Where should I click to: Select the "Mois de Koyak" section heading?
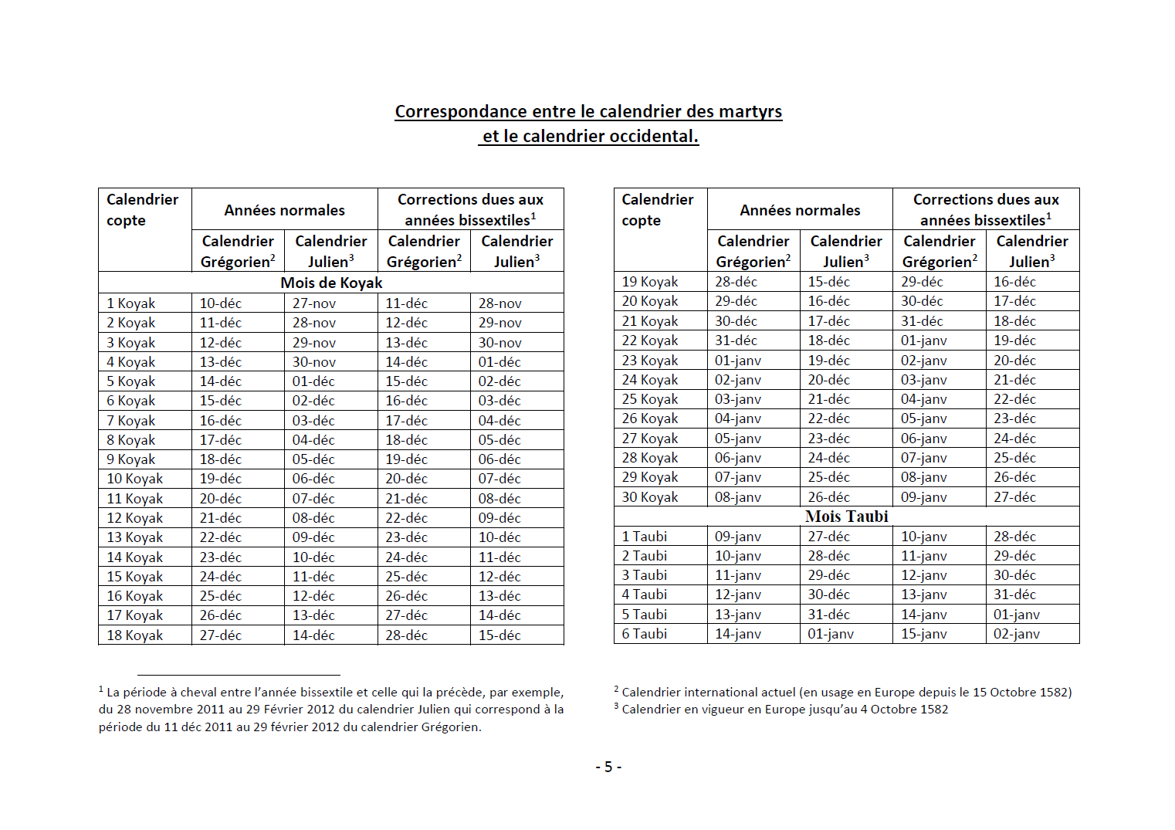click(331, 283)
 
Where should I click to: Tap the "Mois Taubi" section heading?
click(846, 517)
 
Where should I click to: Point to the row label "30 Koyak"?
click(649, 497)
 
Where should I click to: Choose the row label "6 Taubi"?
click(644, 634)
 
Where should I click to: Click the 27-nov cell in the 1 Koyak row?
click(313, 303)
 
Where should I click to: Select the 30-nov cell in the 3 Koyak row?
click(499, 343)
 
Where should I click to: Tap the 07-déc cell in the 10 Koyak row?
click(499, 479)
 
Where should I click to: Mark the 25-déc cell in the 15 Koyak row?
click(406, 577)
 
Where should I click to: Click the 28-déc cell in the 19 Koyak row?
click(736, 282)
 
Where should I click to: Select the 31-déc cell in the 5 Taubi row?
click(828, 615)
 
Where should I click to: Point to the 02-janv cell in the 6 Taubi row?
click(1016, 634)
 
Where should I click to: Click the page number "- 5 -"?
click(608, 767)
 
